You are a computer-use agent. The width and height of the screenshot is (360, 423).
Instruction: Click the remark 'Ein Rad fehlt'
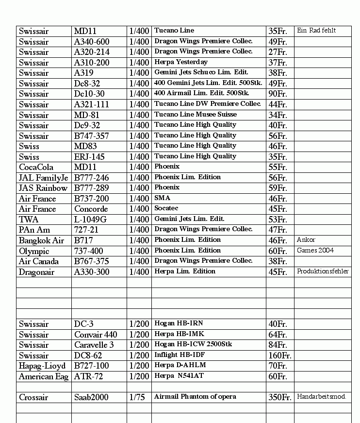coord(316,31)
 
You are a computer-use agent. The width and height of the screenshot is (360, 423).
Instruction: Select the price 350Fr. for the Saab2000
coord(279,397)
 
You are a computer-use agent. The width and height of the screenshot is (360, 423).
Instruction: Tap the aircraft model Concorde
coord(91,209)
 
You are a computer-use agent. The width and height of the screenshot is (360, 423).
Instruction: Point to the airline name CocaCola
coord(36,167)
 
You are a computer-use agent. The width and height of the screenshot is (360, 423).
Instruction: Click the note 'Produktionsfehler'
coord(323,271)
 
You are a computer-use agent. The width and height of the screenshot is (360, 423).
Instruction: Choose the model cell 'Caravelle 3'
coord(94,345)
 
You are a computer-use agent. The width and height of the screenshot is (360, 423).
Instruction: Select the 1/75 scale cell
coord(137,397)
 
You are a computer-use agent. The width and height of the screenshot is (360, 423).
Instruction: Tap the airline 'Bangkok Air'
coord(41,240)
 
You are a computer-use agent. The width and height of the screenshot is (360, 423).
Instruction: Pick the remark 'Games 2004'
coord(315,251)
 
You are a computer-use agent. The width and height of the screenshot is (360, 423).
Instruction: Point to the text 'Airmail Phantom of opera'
coord(195,397)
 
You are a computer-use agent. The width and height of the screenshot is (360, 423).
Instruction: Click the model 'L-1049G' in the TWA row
coord(90,220)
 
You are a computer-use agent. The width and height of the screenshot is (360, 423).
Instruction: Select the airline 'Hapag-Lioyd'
coord(42,366)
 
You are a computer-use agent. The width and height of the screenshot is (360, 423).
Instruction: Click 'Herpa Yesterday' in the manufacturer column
coord(181,62)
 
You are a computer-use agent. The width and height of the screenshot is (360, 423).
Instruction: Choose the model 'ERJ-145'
coord(89,157)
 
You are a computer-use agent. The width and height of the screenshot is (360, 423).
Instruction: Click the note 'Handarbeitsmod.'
coord(321,397)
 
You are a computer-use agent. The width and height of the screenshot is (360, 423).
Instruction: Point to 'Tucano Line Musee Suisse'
coord(196,115)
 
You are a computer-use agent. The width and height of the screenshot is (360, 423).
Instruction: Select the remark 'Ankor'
coord(306,240)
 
